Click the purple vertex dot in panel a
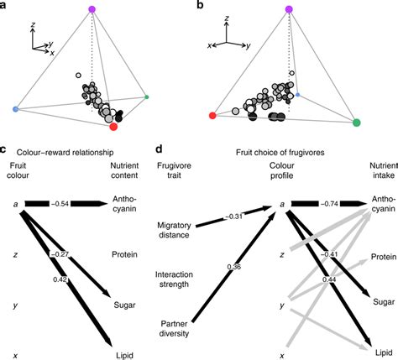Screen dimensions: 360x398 [x=92, y=10]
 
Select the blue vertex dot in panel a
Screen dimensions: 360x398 [x=16, y=110]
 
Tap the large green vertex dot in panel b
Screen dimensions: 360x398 [x=357, y=123]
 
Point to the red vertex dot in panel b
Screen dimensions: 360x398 [x=214, y=115]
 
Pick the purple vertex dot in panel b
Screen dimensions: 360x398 [x=289, y=9]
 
